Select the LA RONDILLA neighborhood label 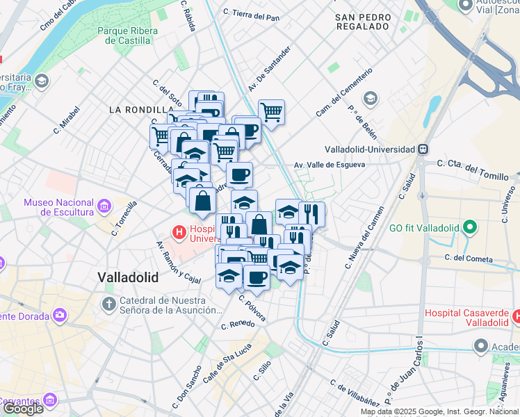pyautogui.click(x=141, y=110)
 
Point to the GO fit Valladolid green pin pyautogui.click(x=469, y=227)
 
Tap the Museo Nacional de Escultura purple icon pyautogui.click(x=104, y=206)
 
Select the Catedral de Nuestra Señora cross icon pyautogui.click(x=108, y=304)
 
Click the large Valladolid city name pyautogui.click(x=128, y=277)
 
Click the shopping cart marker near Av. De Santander pyautogui.click(x=271, y=111)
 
